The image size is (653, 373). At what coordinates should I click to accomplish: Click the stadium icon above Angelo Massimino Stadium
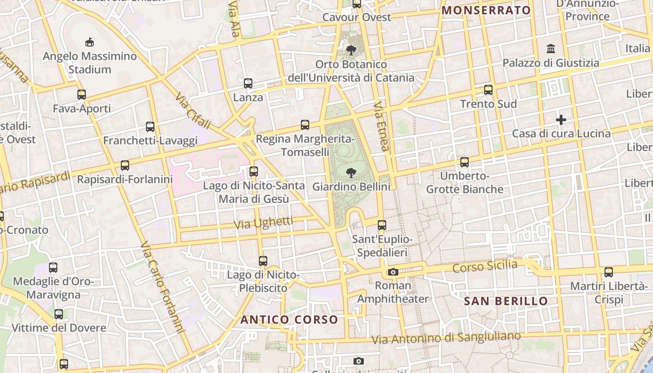tap(90, 42)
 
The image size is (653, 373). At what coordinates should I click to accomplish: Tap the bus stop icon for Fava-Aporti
tap(82, 95)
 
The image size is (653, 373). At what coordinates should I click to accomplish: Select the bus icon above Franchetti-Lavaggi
tap(150, 126)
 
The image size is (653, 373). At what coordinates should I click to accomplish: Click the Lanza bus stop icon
tap(248, 83)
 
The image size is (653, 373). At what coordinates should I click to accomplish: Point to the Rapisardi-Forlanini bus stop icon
tap(125, 165)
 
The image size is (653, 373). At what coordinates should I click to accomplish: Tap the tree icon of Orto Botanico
tap(351, 50)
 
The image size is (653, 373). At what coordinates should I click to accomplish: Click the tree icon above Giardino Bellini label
tap(351, 173)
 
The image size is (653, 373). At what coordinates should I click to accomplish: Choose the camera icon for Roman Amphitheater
tap(393, 272)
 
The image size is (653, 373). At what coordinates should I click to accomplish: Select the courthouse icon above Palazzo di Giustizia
tap(551, 48)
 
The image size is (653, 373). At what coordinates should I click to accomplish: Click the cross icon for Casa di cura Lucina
tap(561, 120)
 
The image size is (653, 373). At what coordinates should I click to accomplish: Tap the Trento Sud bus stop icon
tap(488, 90)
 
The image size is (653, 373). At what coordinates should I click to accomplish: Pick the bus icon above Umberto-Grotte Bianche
tap(465, 162)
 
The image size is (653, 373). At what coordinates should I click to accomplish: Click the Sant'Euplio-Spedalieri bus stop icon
tap(382, 225)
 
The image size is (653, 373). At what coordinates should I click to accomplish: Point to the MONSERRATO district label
tap(486, 10)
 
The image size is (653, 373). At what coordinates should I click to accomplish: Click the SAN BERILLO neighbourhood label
tap(506, 301)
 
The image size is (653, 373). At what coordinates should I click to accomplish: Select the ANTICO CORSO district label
tap(289, 320)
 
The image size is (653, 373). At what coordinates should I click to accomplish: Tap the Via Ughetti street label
tap(263, 223)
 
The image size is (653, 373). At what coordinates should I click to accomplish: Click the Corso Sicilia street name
tap(485, 267)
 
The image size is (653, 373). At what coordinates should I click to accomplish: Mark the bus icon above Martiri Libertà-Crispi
tap(608, 272)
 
